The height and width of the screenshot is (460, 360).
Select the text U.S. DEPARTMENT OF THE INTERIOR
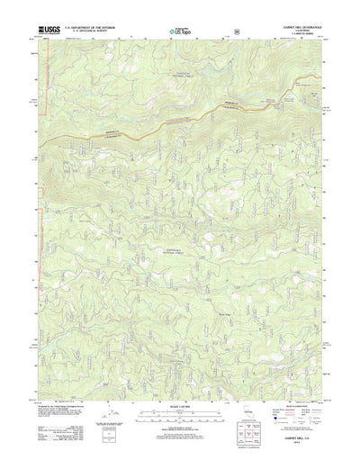(88, 28)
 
